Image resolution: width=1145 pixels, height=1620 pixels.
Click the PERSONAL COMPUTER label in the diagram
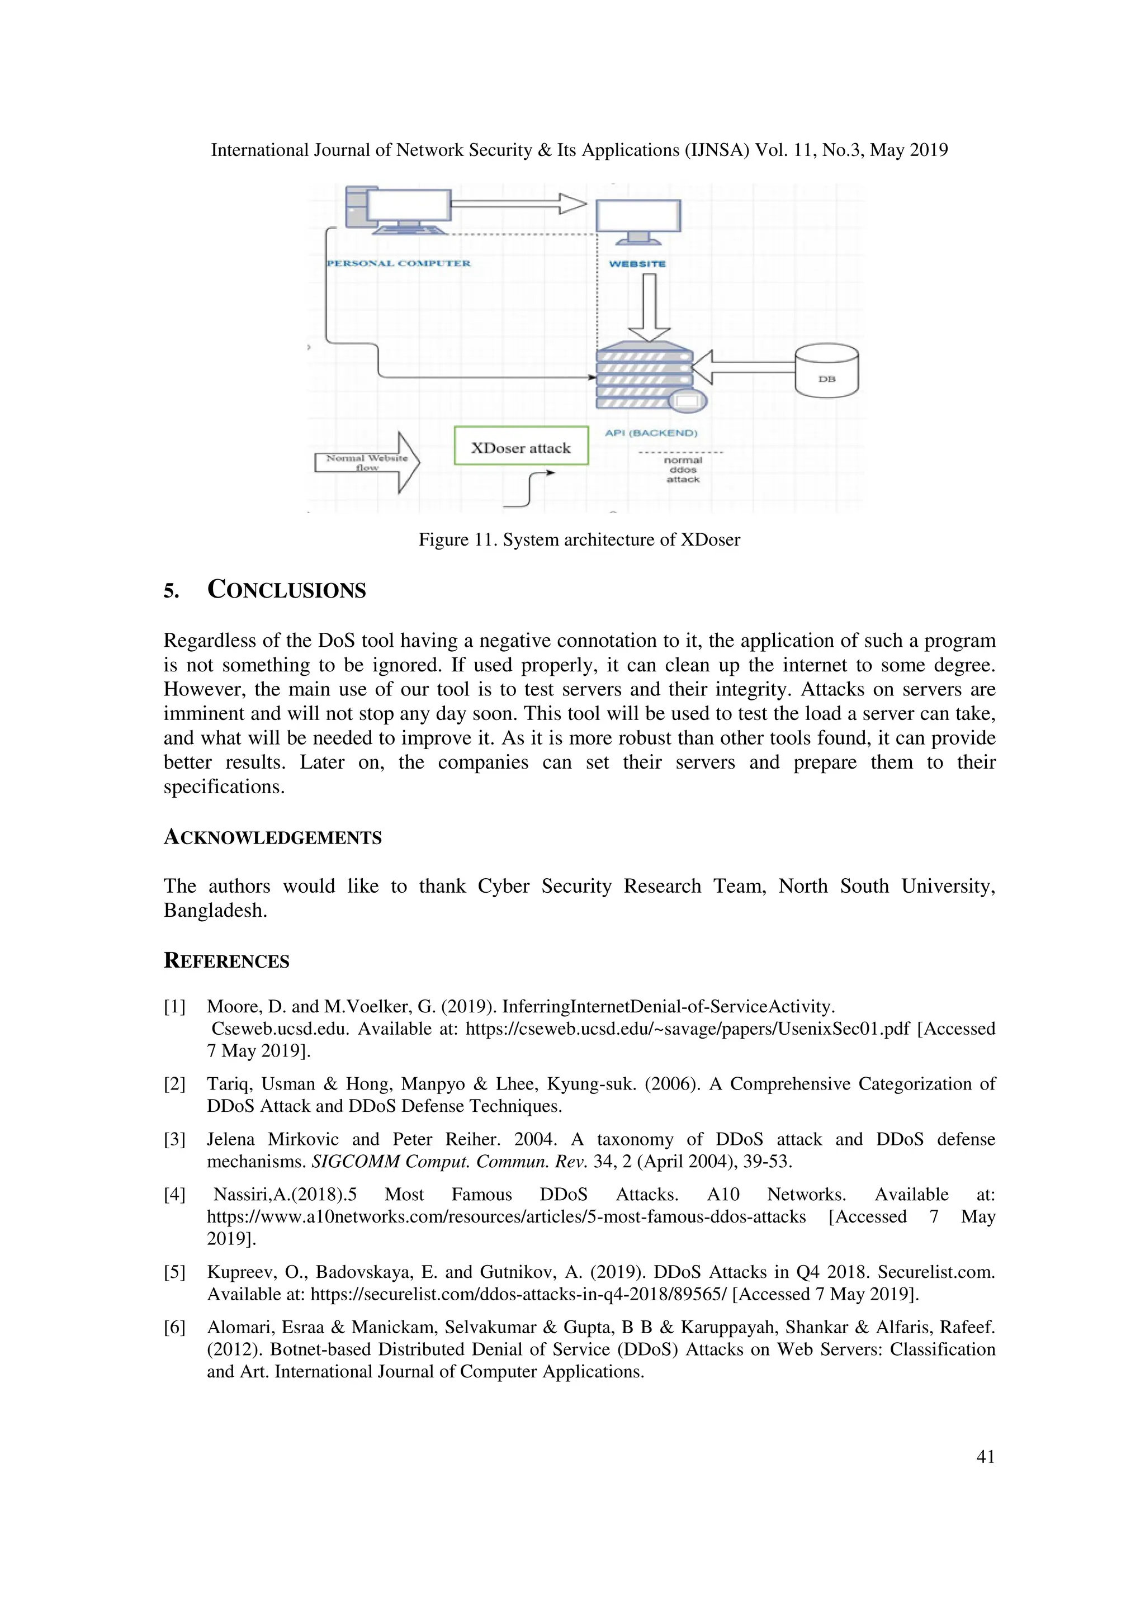pos(399,263)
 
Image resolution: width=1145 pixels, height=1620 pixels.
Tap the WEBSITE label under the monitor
pos(637,264)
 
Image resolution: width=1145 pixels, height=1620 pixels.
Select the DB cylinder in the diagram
pos(826,371)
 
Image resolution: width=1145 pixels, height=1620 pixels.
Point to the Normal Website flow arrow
pos(367,463)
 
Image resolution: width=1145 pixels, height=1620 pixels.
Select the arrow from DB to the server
pos(744,367)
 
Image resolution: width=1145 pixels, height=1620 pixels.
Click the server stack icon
pos(643,377)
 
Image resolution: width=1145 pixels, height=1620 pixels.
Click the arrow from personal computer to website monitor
pos(518,204)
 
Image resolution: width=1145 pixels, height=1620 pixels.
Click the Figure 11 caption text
pos(579,540)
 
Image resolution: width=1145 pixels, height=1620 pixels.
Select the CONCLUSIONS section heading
pos(286,590)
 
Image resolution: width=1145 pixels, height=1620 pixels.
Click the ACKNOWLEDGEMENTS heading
pos(272,837)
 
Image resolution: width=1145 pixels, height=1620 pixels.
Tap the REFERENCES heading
pos(226,961)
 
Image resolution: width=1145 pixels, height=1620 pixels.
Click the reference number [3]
pos(174,1139)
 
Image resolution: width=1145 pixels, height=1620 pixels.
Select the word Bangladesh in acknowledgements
pos(215,911)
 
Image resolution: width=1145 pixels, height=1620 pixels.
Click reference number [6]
pos(174,1327)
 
